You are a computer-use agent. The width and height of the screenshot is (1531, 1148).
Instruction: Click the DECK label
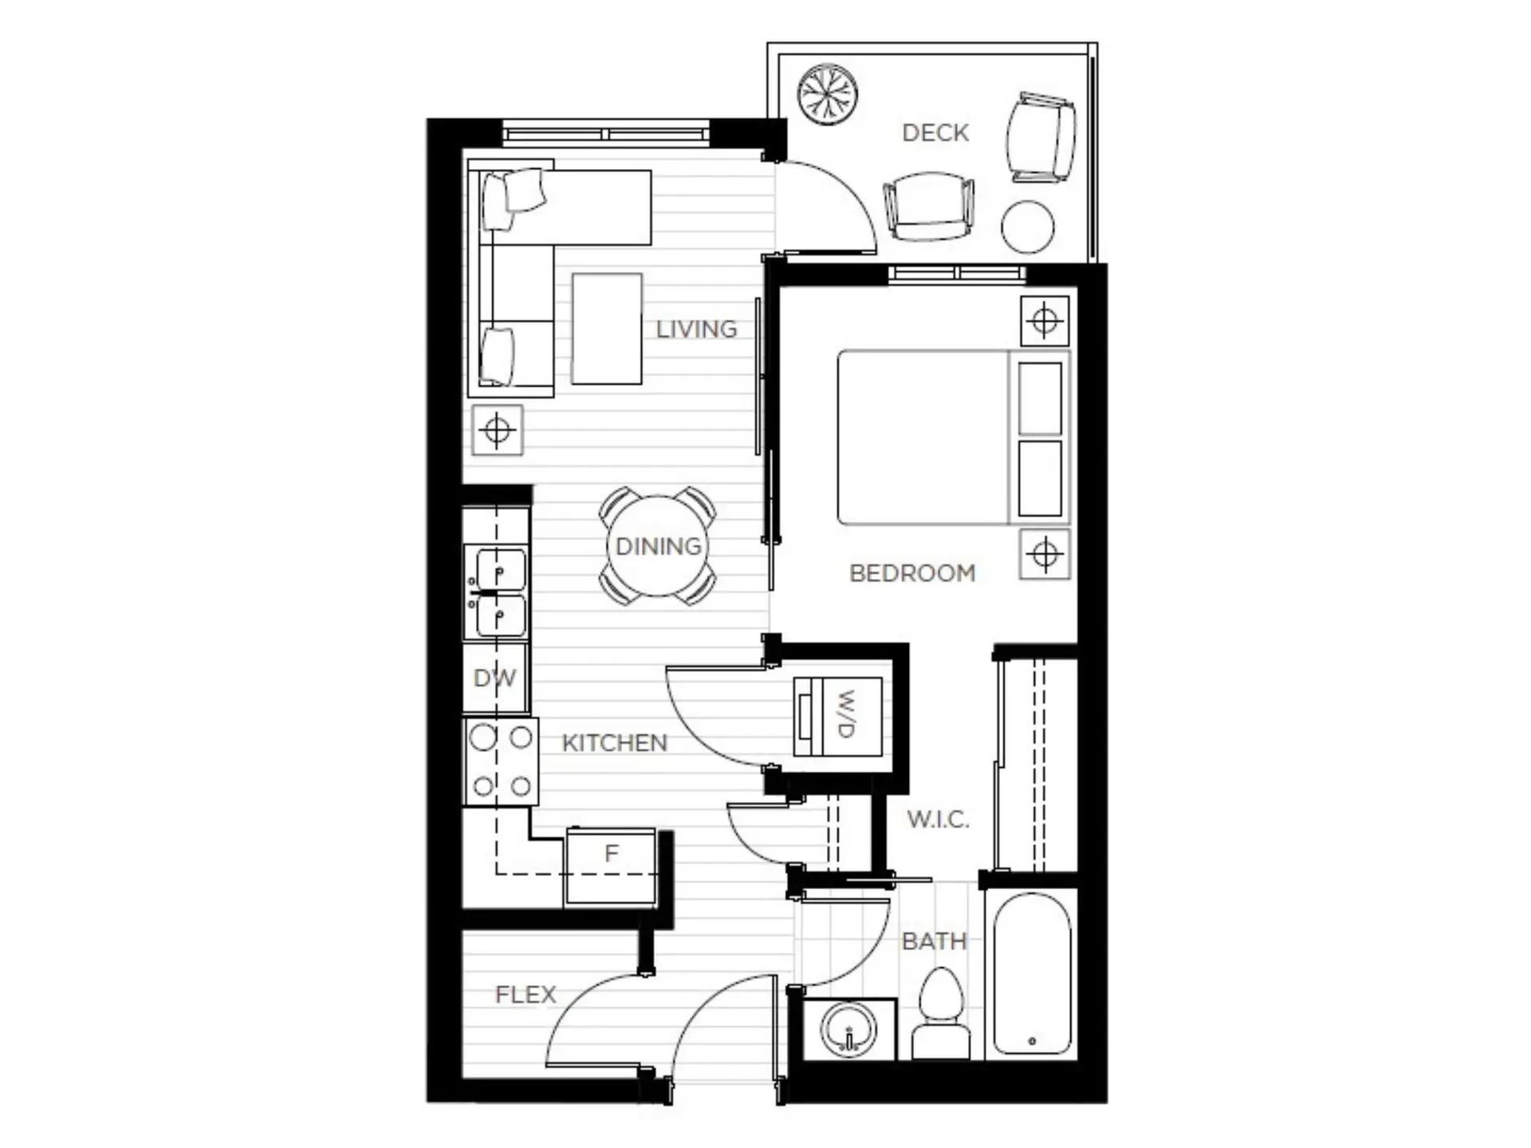point(935,132)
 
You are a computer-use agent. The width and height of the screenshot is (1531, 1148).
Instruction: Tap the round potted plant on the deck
point(828,94)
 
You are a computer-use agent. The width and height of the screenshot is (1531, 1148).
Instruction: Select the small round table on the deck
point(1027,226)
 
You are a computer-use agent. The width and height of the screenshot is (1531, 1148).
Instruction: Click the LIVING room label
point(696,329)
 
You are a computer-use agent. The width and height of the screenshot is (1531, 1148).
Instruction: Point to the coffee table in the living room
point(607,328)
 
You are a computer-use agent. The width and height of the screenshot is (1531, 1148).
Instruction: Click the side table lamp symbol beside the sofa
point(497,431)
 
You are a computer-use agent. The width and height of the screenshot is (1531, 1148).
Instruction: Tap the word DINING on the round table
point(658,546)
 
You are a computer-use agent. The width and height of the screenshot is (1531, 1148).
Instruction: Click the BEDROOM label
point(912,572)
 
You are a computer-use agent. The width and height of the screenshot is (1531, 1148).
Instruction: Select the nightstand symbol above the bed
point(1045,321)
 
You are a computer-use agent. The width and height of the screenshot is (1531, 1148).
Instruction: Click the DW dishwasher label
point(494,678)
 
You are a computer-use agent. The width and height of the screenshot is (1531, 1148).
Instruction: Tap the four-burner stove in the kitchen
point(501,761)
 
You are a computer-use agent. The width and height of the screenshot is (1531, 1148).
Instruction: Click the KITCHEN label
point(614,743)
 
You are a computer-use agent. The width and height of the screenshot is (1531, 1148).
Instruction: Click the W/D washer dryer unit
point(839,716)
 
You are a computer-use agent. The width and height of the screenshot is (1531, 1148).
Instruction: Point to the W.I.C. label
point(938,819)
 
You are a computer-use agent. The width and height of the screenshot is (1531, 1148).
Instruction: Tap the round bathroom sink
point(848,1029)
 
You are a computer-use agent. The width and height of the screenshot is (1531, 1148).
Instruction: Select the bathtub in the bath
point(1032,974)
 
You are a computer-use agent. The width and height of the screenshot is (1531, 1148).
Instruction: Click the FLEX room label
point(525,994)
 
